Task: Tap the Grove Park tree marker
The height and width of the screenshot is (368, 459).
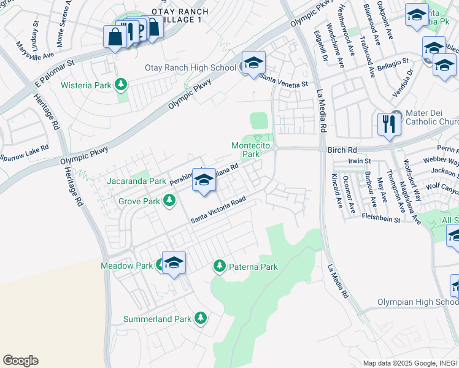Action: [x=169, y=201]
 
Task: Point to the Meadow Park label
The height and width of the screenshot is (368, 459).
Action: [x=126, y=266]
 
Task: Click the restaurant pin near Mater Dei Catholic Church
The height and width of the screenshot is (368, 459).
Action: [x=388, y=125]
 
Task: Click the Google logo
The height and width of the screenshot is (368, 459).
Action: [x=20, y=361]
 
